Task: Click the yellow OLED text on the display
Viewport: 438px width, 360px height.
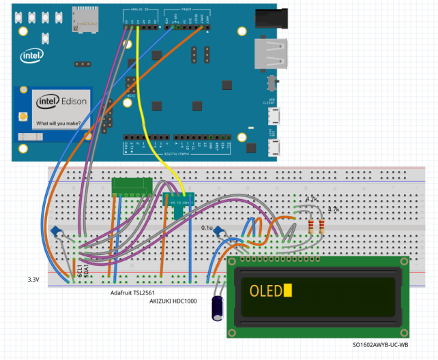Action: click(265, 291)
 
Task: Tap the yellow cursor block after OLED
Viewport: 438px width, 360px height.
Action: click(288, 291)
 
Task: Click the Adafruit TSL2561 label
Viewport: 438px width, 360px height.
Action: click(136, 293)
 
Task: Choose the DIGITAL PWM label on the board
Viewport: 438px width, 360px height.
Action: click(175, 154)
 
